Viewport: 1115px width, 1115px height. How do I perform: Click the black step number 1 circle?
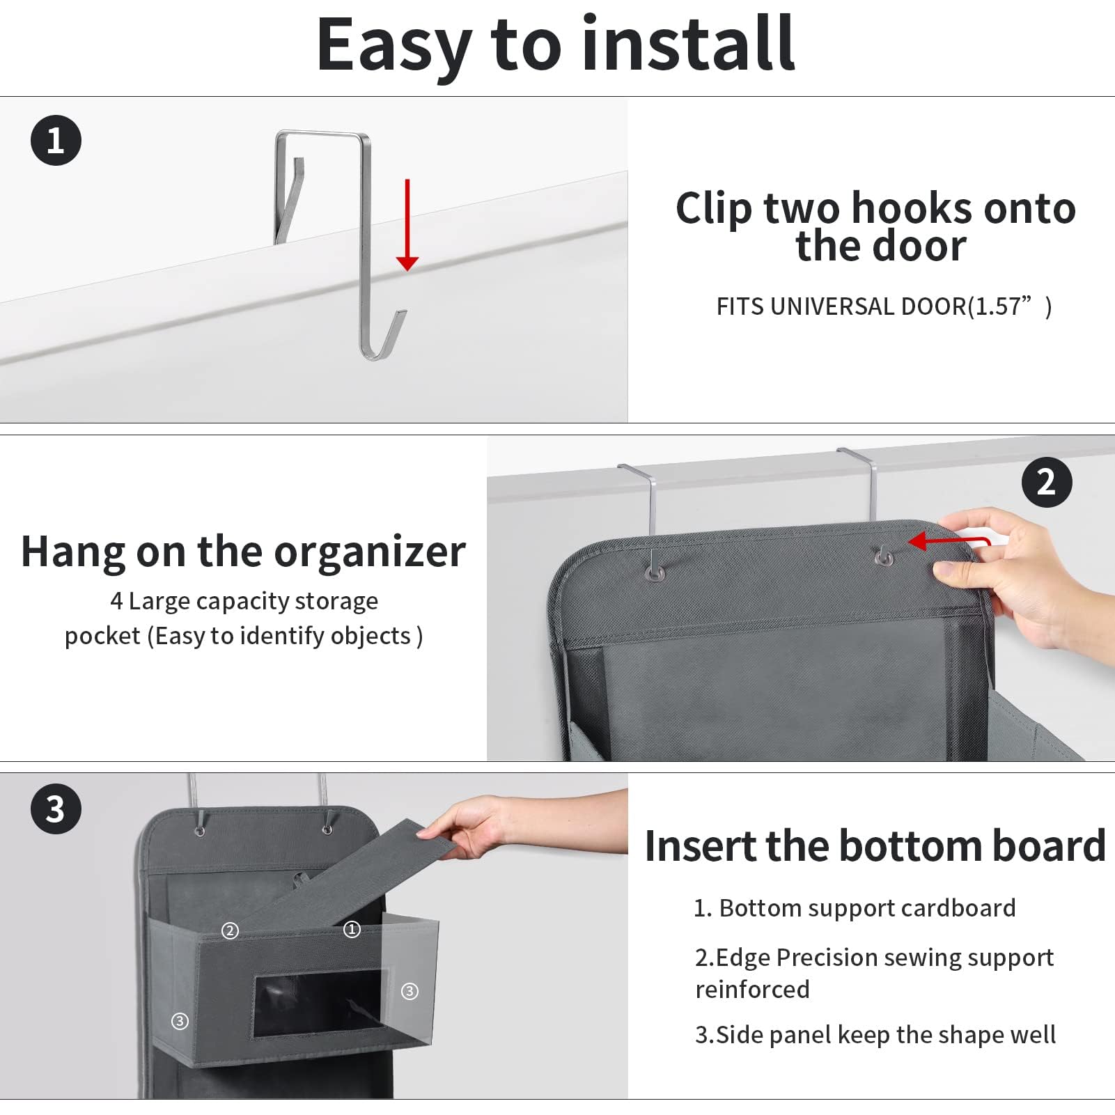[56, 140]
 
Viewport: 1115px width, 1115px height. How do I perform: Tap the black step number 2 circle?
[1046, 482]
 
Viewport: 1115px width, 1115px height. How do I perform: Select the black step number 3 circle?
[56, 809]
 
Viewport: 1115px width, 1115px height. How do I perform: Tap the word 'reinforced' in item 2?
[752, 989]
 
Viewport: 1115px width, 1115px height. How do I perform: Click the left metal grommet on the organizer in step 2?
[655, 572]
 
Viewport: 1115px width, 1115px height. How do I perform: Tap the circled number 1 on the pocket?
[352, 929]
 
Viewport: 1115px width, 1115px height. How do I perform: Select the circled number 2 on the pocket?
[230, 930]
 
